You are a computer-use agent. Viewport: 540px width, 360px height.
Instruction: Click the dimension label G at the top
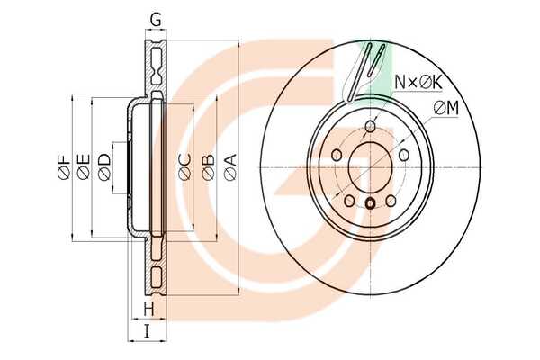(x=156, y=21)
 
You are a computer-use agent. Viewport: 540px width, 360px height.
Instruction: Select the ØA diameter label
(x=230, y=166)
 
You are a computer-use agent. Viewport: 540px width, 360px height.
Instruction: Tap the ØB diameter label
(x=208, y=167)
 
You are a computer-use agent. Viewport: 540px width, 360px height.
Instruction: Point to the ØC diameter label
(x=184, y=167)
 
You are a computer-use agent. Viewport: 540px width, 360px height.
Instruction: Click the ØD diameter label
(x=104, y=166)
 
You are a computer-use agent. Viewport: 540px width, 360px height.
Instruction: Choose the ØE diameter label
(x=84, y=166)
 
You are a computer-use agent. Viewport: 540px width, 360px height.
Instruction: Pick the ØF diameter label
(x=64, y=167)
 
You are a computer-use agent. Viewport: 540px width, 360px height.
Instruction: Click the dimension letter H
(x=148, y=310)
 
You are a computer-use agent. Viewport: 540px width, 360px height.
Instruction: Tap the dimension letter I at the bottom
(x=147, y=332)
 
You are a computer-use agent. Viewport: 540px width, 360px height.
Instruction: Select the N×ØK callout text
(x=418, y=82)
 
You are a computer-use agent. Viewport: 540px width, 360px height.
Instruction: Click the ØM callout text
(x=446, y=109)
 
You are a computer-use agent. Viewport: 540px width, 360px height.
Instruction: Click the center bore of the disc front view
(x=370, y=167)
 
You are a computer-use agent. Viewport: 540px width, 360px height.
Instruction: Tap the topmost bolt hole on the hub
(x=370, y=126)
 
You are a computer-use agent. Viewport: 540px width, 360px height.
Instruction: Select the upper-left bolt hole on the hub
(x=337, y=156)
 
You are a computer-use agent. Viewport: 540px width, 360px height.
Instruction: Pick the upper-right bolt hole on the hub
(x=404, y=156)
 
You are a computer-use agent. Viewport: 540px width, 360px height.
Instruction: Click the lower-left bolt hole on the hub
(x=349, y=201)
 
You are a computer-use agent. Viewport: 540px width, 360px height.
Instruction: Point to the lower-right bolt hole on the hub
(x=391, y=201)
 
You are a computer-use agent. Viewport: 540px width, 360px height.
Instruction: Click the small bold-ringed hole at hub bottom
(x=370, y=204)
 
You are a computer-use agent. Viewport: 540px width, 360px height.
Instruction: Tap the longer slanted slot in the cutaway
(x=359, y=72)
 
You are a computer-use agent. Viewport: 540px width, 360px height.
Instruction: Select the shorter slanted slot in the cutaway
(x=376, y=60)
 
